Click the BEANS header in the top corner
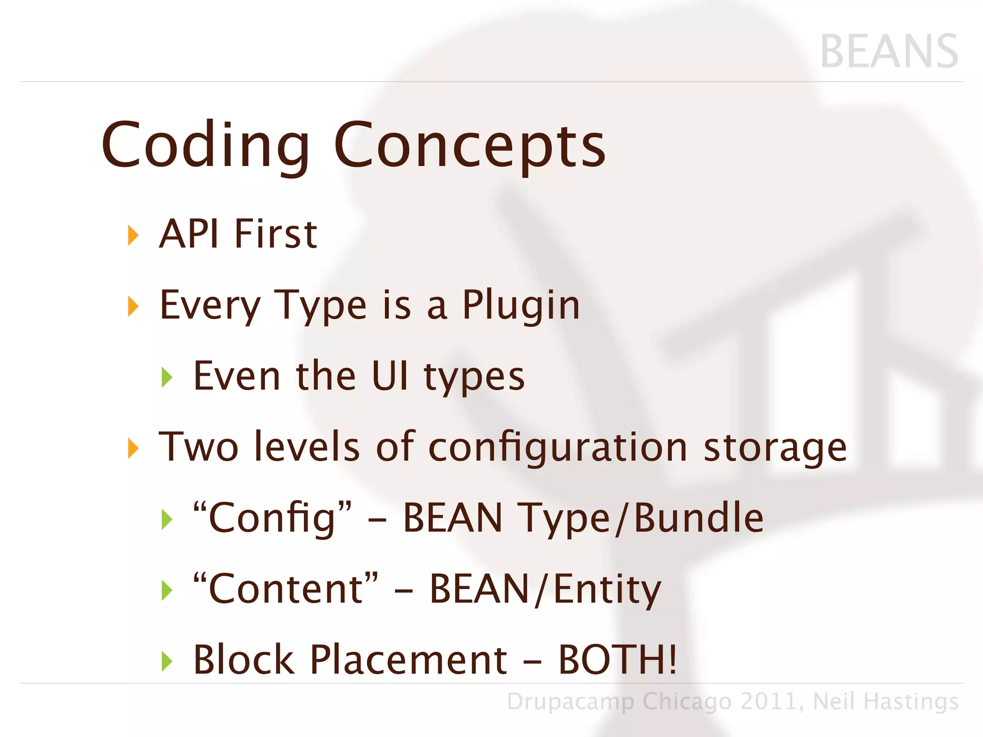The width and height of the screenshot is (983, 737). pyautogui.click(x=889, y=52)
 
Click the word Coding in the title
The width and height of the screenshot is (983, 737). pyautogui.click(x=206, y=146)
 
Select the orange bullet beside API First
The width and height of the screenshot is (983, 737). pyautogui.click(x=133, y=236)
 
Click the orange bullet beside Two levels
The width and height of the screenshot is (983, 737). pyautogui.click(x=133, y=449)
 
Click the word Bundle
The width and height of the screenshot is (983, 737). pyautogui.click(x=698, y=518)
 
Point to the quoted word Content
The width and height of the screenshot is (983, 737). pyautogui.click(x=285, y=589)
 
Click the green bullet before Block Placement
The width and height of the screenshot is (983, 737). pyautogui.click(x=167, y=662)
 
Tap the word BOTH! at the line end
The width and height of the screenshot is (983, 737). pyautogui.click(x=617, y=660)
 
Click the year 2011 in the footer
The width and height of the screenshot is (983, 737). pyautogui.click(x=771, y=701)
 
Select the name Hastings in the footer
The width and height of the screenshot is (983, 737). pyautogui.click(x=911, y=701)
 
